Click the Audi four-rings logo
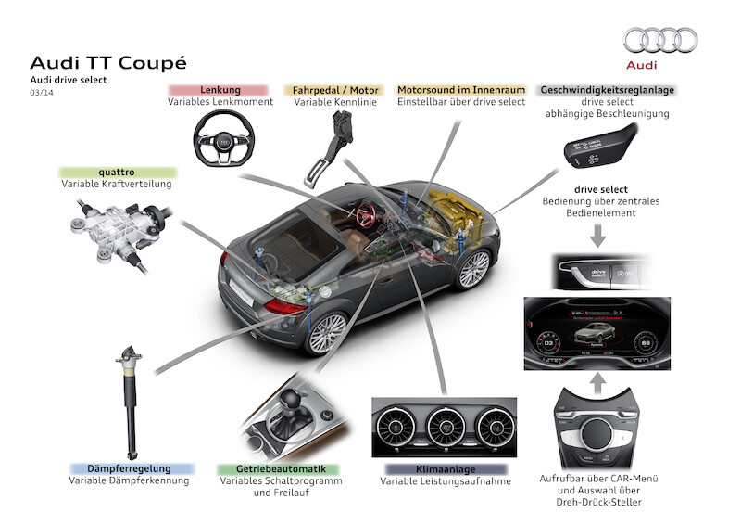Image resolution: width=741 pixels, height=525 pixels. point(660,40)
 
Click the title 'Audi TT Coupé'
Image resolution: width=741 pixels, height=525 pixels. point(108,62)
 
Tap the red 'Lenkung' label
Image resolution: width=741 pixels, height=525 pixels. point(220,90)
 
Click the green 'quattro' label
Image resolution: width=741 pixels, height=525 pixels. point(117,172)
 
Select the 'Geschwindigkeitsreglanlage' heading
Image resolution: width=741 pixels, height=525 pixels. point(607,90)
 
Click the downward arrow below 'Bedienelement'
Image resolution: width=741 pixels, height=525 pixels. point(598,236)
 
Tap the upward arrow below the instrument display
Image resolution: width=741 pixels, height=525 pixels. point(598,380)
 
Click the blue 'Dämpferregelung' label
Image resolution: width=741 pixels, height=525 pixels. point(129,469)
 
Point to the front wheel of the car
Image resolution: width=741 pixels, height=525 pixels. point(473,269)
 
